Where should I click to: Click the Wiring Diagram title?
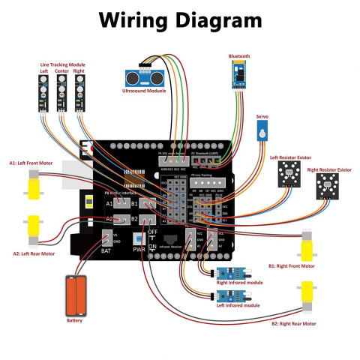pos(180,20)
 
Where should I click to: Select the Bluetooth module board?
pos(239,76)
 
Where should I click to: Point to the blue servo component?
pos(261,133)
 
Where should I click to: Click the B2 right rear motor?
pos(307,296)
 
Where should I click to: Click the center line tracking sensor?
pos(62,93)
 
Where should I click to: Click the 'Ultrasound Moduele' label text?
pos(144,91)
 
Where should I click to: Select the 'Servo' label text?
pos(262,117)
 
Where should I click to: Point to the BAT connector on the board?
pos(107,240)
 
